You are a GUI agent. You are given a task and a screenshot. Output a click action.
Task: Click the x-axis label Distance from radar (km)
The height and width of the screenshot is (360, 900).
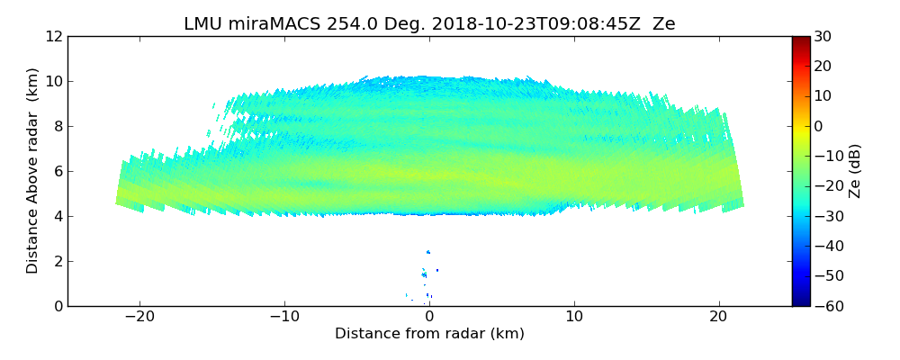(x=429, y=334)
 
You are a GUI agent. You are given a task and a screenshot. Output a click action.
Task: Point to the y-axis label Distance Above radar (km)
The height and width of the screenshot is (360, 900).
(x=33, y=171)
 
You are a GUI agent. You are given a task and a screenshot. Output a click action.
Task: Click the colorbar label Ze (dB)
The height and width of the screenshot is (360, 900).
(x=855, y=171)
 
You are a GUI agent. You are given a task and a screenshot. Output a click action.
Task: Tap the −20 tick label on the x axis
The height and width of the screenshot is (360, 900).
(x=139, y=317)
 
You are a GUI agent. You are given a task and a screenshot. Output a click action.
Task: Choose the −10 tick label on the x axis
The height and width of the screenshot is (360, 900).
(x=284, y=317)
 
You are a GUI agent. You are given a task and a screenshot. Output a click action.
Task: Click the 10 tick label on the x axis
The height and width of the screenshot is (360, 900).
(x=574, y=317)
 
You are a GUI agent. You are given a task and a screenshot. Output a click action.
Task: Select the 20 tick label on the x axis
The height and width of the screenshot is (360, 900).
(x=718, y=317)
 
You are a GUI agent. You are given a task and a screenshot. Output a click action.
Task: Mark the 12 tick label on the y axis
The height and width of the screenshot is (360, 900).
(x=54, y=37)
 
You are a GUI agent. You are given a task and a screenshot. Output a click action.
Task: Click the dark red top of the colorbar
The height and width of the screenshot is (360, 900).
(x=801, y=40)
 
